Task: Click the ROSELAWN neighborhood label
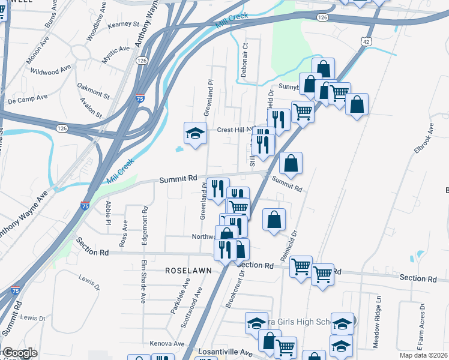(189, 271)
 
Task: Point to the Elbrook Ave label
(424, 142)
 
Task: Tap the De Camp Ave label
(28, 98)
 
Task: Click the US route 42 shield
(366, 41)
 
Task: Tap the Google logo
(20, 353)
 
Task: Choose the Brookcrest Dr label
(235, 286)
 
